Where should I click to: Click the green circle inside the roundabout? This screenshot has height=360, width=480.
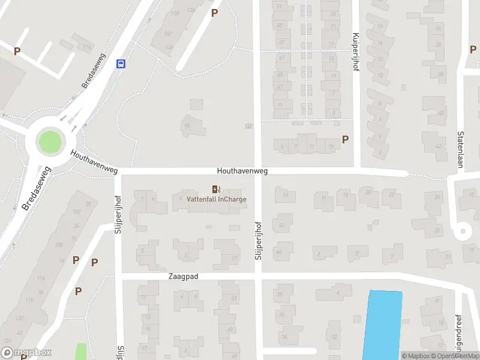pos(49,142)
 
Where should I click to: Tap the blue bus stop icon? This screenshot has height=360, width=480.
pos(121,64)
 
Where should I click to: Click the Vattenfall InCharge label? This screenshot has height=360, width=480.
pos(217,199)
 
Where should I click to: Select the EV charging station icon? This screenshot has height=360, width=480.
pos(217,190)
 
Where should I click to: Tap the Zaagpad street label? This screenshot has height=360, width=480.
pos(183,277)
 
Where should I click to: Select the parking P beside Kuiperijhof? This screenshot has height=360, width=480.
pos(345,140)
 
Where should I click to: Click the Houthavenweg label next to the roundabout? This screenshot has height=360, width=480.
pos(94,163)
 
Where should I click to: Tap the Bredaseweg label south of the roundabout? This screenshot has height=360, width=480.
pos(36,188)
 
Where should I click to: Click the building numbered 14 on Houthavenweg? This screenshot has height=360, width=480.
pos(285,195)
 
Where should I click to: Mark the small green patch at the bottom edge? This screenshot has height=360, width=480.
pos(80,352)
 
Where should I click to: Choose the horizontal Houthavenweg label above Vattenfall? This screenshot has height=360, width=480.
pos(242,171)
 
